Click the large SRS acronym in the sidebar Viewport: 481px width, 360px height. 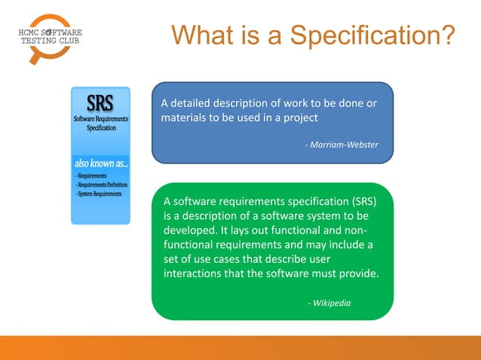[x=100, y=102]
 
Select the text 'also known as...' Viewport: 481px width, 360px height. [x=101, y=163]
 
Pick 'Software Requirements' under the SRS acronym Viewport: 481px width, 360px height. [x=100, y=119]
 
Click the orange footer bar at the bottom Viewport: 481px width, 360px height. [x=240, y=347]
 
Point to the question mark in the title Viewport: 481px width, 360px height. [x=446, y=35]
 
